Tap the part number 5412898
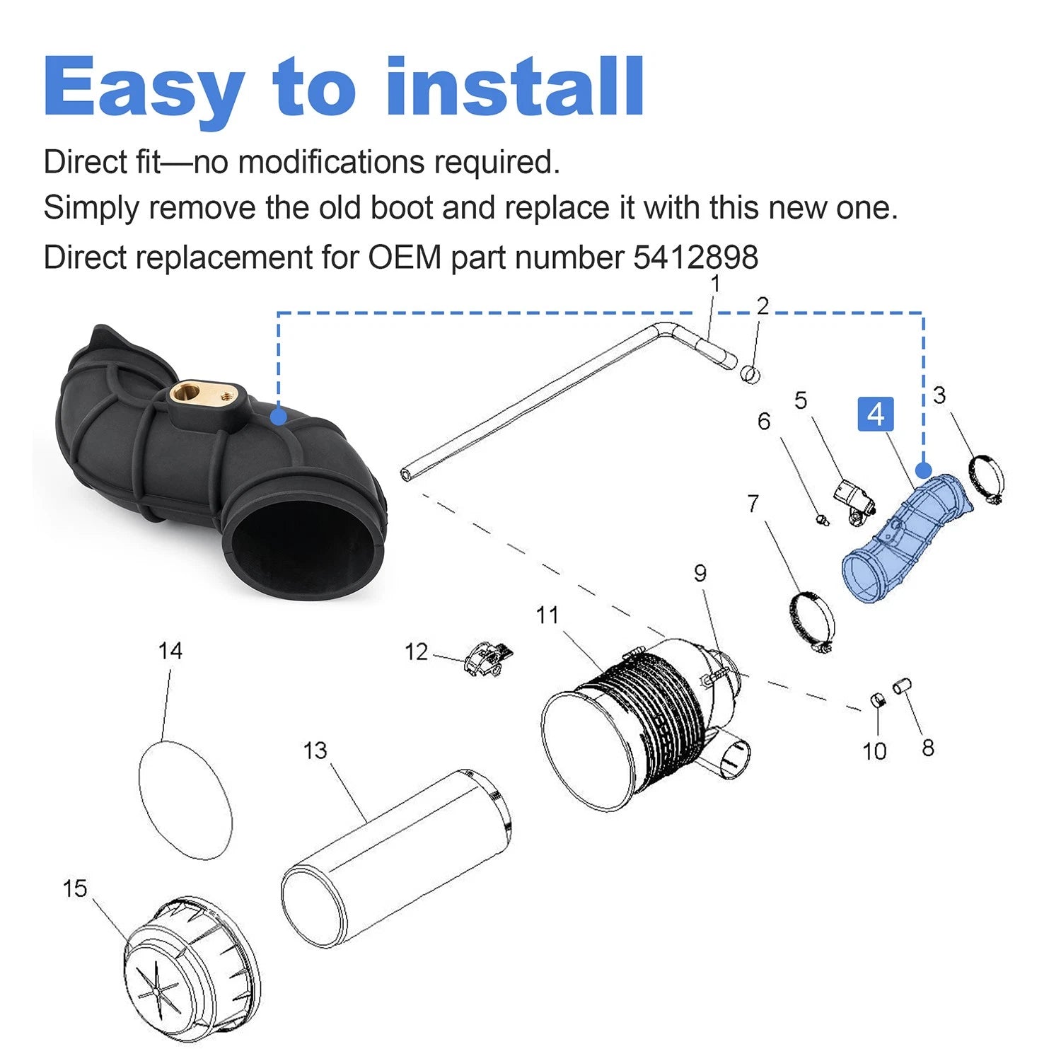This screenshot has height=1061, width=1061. (695, 257)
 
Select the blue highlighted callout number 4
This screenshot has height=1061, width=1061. (876, 414)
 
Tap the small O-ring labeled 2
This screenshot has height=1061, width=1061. (750, 373)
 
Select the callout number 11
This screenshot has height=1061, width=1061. (547, 615)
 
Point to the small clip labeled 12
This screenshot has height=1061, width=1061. (487, 659)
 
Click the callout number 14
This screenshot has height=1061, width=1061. (170, 651)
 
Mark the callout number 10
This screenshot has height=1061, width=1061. (874, 751)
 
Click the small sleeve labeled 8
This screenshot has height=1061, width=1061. (903, 686)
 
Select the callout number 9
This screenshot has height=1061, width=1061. (700, 573)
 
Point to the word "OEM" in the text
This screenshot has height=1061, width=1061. (405, 257)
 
